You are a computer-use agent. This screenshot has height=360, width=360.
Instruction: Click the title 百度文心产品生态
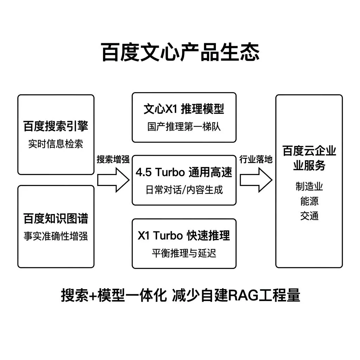(180, 53)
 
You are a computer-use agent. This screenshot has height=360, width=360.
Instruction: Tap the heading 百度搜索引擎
(56, 126)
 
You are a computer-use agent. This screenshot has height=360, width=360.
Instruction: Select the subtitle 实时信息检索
(56, 144)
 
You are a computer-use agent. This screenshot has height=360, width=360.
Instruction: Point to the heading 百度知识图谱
(56, 219)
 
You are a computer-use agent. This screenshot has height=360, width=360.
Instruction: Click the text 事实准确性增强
(56, 236)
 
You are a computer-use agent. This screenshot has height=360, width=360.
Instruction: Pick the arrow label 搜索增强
(113, 159)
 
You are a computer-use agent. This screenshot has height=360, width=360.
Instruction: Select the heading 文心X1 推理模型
(184, 109)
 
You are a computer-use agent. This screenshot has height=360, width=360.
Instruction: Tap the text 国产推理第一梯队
(184, 127)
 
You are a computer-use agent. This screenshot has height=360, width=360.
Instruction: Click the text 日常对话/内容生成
(184, 190)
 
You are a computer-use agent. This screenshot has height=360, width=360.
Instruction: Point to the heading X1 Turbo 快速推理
(184, 236)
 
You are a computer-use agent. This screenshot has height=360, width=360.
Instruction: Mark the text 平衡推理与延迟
(184, 253)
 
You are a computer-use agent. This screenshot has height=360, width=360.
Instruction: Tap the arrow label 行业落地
(256, 159)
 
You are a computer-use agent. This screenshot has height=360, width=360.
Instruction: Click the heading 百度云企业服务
(309, 158)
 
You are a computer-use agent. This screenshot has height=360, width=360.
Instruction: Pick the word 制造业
(309, 186)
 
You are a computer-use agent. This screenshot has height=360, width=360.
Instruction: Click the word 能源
(309, 201)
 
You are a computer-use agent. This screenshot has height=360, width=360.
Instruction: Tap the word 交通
(309, 216)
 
